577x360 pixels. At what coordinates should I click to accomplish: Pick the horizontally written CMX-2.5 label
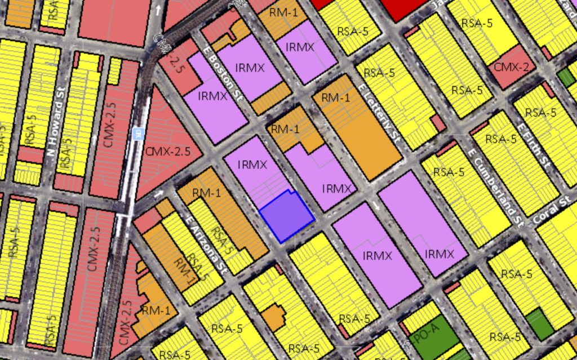(x=167, y=152)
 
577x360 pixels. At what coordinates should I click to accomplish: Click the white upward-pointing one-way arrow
(x=158, y=10)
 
